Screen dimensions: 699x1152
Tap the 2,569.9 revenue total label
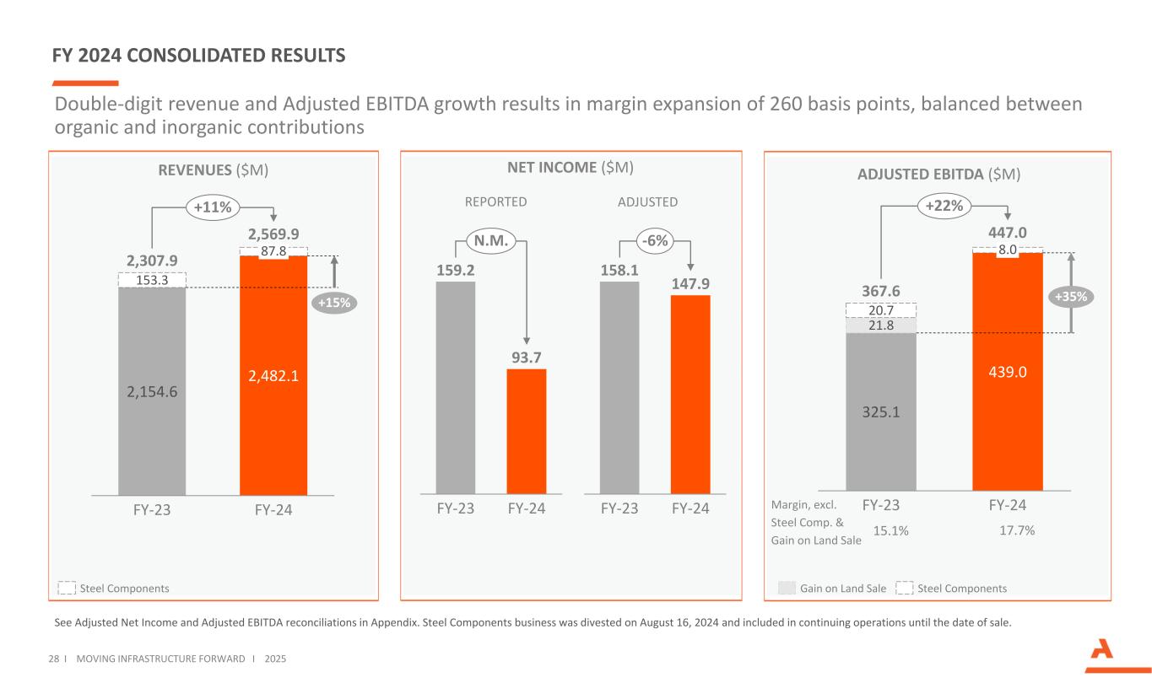(273, 234)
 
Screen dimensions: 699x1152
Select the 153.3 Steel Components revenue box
(151, 279)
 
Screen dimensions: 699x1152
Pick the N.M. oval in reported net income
(489, 241)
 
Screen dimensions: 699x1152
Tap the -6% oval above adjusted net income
(655, 241)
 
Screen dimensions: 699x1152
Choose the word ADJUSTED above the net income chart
(647, 202)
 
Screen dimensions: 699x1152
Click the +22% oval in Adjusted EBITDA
(944, 205)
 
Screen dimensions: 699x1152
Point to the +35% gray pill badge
(1072, 297)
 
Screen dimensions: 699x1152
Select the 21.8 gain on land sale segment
(881, 325)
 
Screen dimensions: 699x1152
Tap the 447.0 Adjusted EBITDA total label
(1007, 233)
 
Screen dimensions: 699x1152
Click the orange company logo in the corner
(1106, 655)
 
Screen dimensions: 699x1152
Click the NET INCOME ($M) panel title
(570, 168)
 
